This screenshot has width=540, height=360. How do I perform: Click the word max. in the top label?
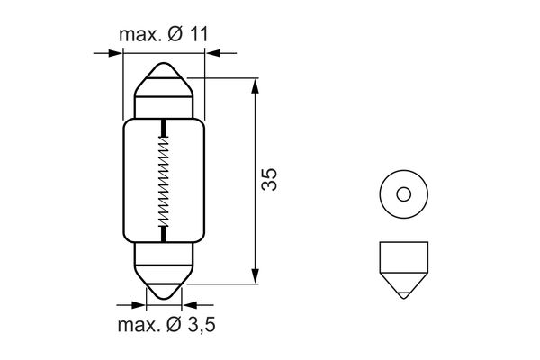point(138,35)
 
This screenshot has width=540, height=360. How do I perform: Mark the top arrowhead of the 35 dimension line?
point(256,86)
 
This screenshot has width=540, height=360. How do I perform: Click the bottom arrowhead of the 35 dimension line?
point(256,274)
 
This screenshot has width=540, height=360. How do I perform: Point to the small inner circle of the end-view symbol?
point(402,193)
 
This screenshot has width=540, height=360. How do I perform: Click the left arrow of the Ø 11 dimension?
point(113,54)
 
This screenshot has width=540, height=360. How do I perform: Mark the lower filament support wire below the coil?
point(163,234)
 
